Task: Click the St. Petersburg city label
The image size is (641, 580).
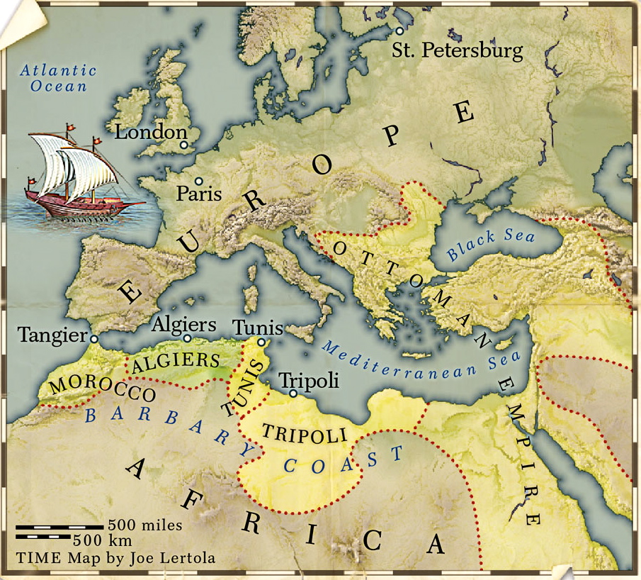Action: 458,51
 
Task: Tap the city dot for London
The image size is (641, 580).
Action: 184,145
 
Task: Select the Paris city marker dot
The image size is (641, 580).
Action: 199,182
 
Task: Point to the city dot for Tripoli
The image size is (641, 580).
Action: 293,392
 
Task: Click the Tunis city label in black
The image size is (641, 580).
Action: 258,328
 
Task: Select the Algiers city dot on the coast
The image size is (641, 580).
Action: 187,339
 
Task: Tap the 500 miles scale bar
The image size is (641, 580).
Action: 59,527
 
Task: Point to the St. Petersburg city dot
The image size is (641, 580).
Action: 400,31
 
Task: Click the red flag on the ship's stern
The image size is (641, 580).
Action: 30,180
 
